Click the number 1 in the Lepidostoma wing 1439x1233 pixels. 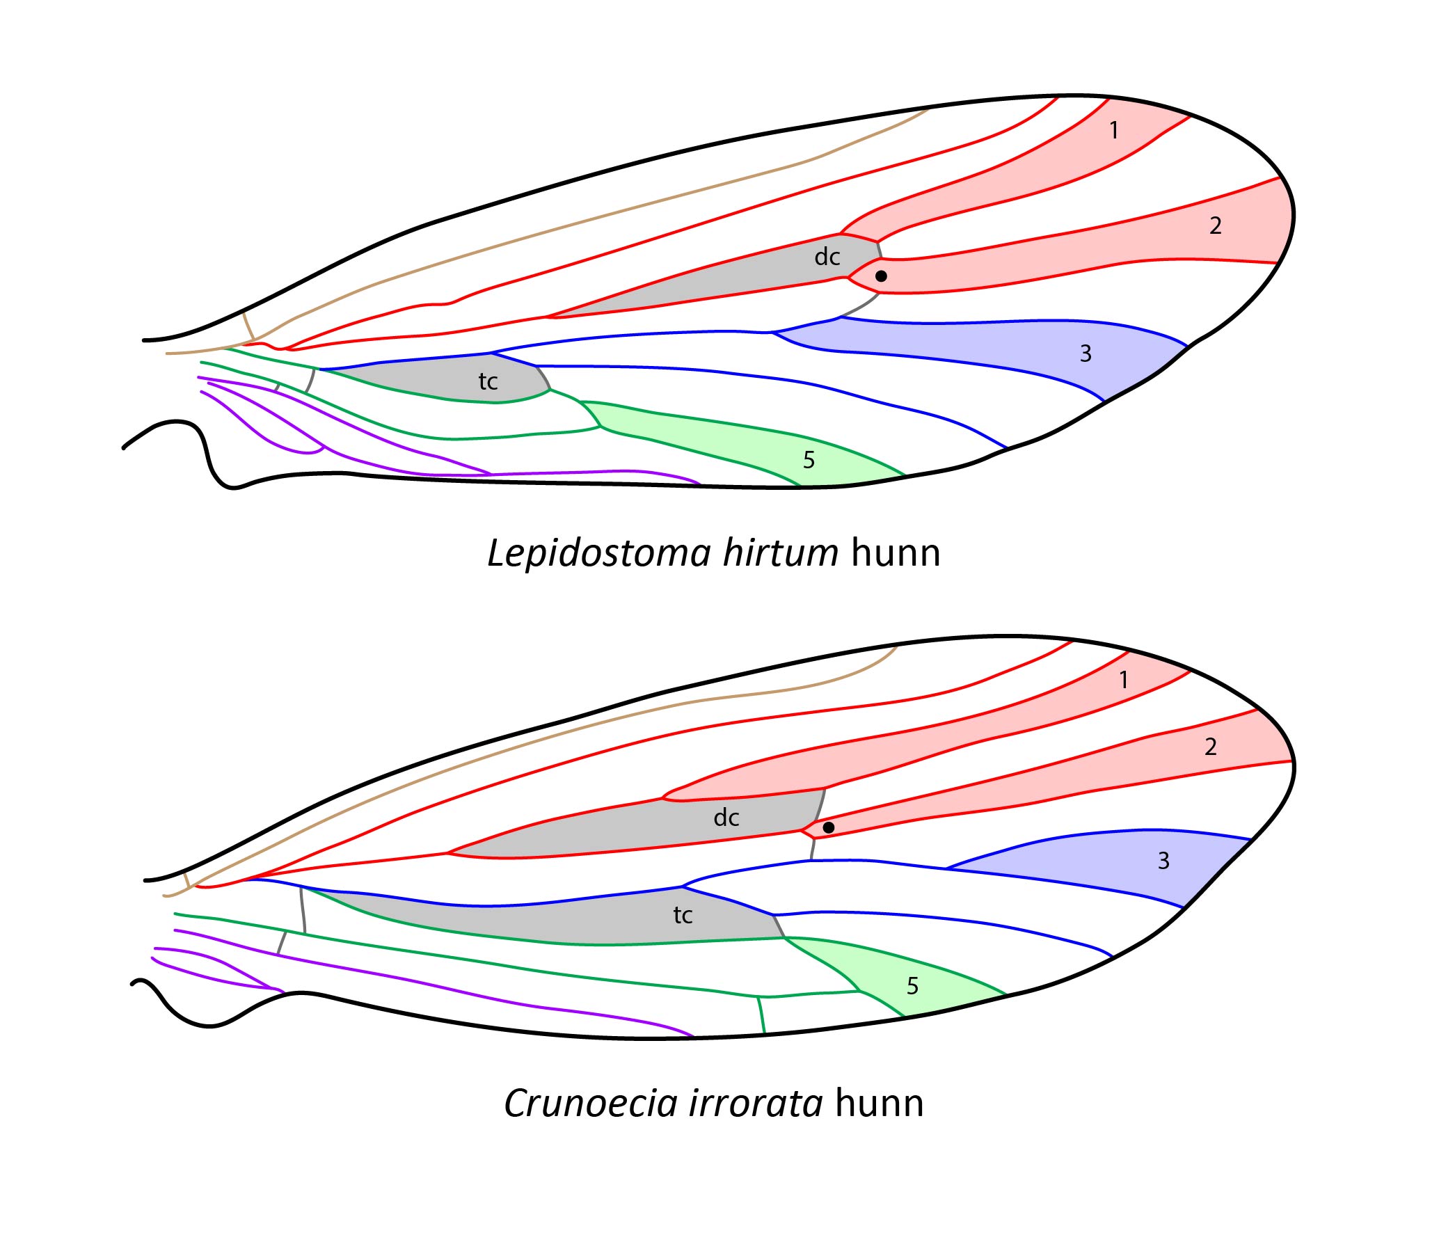[x=1114, y=130]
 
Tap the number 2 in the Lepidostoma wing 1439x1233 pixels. [x=1215, y=225]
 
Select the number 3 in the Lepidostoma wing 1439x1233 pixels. [x=1086, y=353]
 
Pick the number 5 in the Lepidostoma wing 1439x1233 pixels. [x=809, y=460]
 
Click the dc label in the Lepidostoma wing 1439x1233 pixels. [x=827, y=257]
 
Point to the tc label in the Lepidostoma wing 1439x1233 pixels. [x=488, y=381]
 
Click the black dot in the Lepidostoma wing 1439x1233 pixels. [x=881, y=276]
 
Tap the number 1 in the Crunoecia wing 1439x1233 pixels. [x=1124, y=680]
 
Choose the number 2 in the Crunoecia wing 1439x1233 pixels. [x=1211, y=747]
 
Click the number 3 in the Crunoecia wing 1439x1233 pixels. [x=1163, y=861]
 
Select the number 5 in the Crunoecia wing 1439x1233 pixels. [x=913, y=986]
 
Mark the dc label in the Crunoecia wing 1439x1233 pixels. [x=726, y=818]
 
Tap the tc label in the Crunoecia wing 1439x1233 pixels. [x=683, y=915]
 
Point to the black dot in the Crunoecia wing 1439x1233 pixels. [x=829, y=828]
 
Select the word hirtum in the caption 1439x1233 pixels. [x=781, y=554]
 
